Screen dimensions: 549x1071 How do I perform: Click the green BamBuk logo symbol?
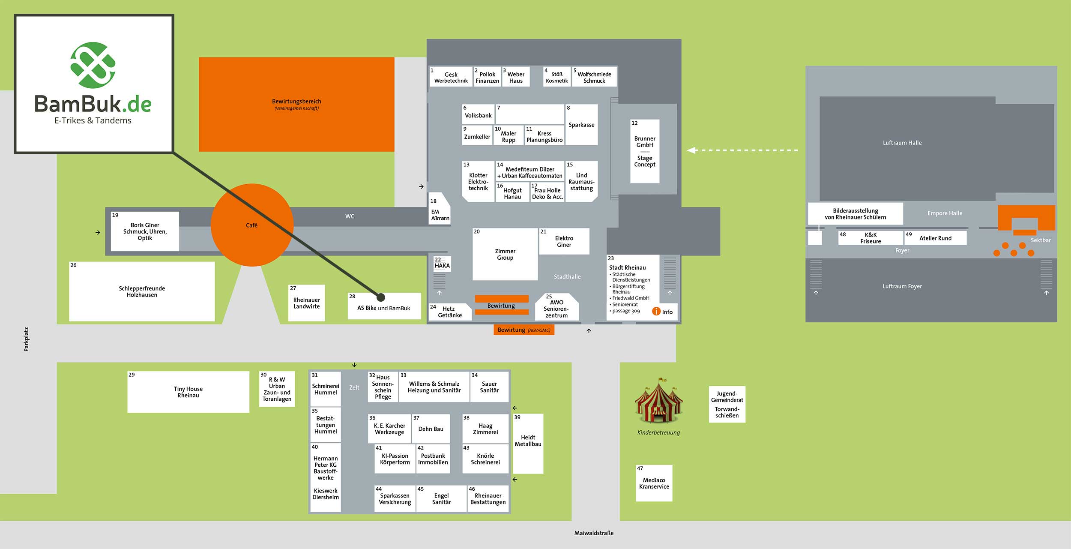(x=93, y=65)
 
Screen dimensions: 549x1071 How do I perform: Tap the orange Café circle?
(x=252, y=225)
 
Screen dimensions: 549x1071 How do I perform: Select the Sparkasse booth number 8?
(x=581, y=125)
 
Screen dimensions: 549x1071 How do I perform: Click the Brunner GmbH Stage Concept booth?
(x=645, y=151)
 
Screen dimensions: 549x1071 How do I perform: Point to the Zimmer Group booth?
(x=505, y=254)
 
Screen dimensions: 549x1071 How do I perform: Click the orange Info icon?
(x=656, y=312)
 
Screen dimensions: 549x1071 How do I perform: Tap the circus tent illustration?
(x=658, y=402)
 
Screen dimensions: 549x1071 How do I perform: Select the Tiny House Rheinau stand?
(x=188, y=392)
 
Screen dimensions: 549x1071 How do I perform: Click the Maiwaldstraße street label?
(x=594, y=533)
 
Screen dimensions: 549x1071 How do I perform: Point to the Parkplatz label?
(x=26, y=339)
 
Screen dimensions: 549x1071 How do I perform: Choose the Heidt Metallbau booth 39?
(x=528, y=443)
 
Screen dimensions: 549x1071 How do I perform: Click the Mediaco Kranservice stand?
(x=654, y=483)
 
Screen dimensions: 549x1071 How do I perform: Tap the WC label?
(x=350, y=216)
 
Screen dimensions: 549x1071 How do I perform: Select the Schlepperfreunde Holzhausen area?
(x=142, y=291)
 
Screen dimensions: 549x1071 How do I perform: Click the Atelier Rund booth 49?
(x=935, y=238)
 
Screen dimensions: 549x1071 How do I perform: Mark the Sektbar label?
(x=1041, y=240)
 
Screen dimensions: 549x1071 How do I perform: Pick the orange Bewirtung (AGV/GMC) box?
(x=524, y=330)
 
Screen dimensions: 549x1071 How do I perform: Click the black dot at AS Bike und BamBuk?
(x=381, y=297)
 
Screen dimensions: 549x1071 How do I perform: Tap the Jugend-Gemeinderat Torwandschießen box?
(x=727, y=404)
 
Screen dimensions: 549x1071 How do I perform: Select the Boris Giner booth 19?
(x=145, y=231)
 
